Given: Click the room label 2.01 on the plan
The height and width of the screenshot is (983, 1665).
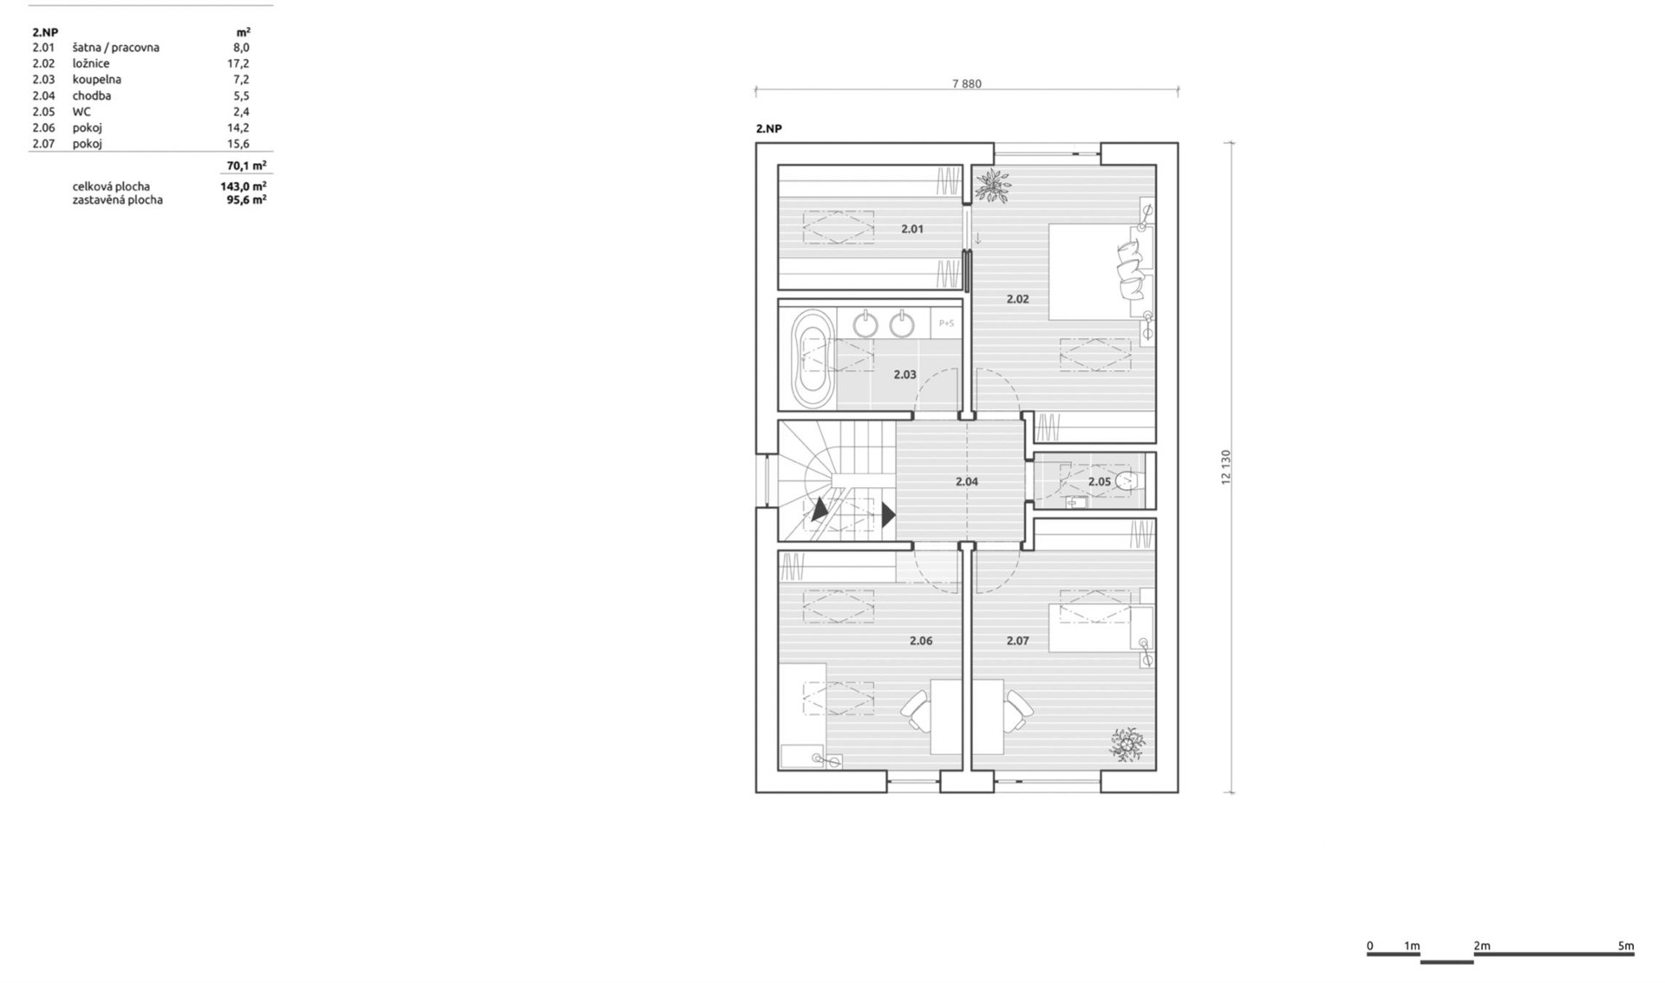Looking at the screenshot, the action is tap(911, 229).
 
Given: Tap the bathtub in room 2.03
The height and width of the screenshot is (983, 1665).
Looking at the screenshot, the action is tap(813, 360).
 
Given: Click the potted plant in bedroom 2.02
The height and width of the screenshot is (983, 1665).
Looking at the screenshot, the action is tap(992, 185).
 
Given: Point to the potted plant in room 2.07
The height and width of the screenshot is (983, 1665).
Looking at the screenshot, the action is tap(1126, 744).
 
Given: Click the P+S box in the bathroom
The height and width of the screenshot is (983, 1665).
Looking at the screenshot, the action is tap(946, 323).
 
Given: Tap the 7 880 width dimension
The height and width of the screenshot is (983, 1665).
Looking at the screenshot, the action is tap(967, 84).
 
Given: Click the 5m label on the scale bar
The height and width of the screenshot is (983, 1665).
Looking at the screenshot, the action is tap(1626, 946).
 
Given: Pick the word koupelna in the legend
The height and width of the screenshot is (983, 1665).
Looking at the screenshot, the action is tap(96, 79).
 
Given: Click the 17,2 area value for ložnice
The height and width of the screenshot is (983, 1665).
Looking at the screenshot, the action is tap(238, 63).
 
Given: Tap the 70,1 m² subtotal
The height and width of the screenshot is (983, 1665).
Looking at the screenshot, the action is tap(246, 165).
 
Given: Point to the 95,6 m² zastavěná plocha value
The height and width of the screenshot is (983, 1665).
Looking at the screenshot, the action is tap(246, 199).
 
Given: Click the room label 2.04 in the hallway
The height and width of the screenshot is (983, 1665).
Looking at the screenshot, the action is tap(967, 481).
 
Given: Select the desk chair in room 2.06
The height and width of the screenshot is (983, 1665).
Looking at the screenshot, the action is tap(917, 711).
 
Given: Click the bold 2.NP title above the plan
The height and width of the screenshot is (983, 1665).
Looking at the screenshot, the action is tap(769, 128).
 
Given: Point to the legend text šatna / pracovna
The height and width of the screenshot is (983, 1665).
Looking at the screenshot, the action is tap(116, 48).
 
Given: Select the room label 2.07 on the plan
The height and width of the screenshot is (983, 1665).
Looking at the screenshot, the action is tap(1017, 641).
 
